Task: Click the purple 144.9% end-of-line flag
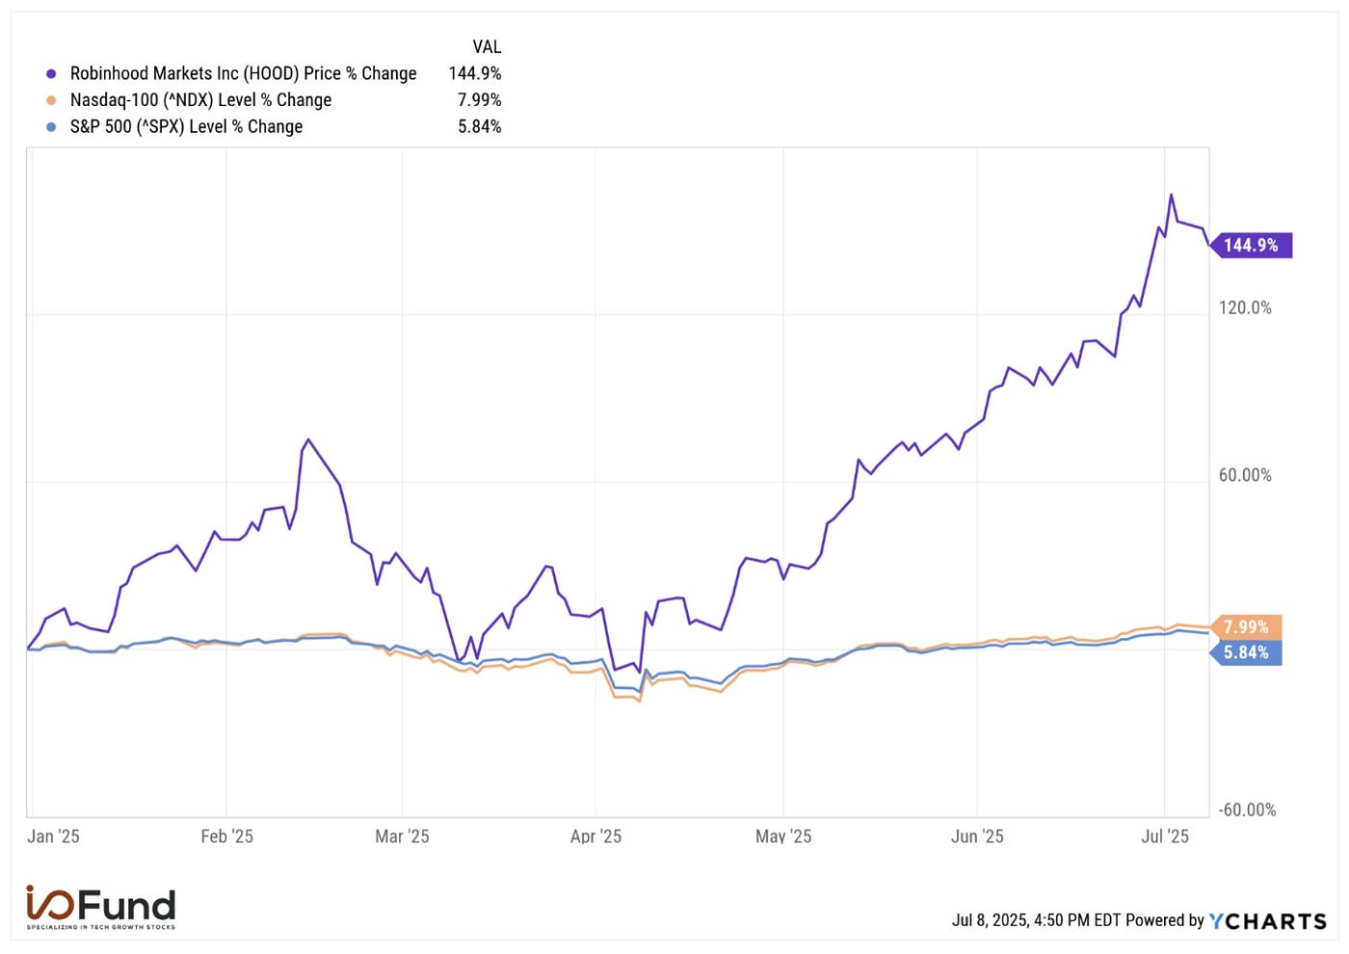[1251, 246]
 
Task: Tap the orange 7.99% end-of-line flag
[1246, 627]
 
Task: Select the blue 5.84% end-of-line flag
[1246, 652]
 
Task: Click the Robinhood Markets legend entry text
[243, 73]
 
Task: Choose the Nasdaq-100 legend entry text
[200, 100]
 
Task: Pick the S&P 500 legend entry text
[186, 126]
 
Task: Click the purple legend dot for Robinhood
[51, 73]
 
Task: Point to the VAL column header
[487, 47]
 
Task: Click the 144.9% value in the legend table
[475, 73]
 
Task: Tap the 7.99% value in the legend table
[479, 100]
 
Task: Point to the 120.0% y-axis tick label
[1245, 307]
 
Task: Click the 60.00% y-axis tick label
[1245, 475]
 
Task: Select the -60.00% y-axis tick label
[1247, 809]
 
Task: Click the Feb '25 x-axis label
[226, 836]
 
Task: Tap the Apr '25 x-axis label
[595, 836]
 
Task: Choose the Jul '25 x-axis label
[1165, 836]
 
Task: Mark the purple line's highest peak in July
[1171, 196]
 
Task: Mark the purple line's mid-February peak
[307, 440]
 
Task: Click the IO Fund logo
[101, 907]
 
